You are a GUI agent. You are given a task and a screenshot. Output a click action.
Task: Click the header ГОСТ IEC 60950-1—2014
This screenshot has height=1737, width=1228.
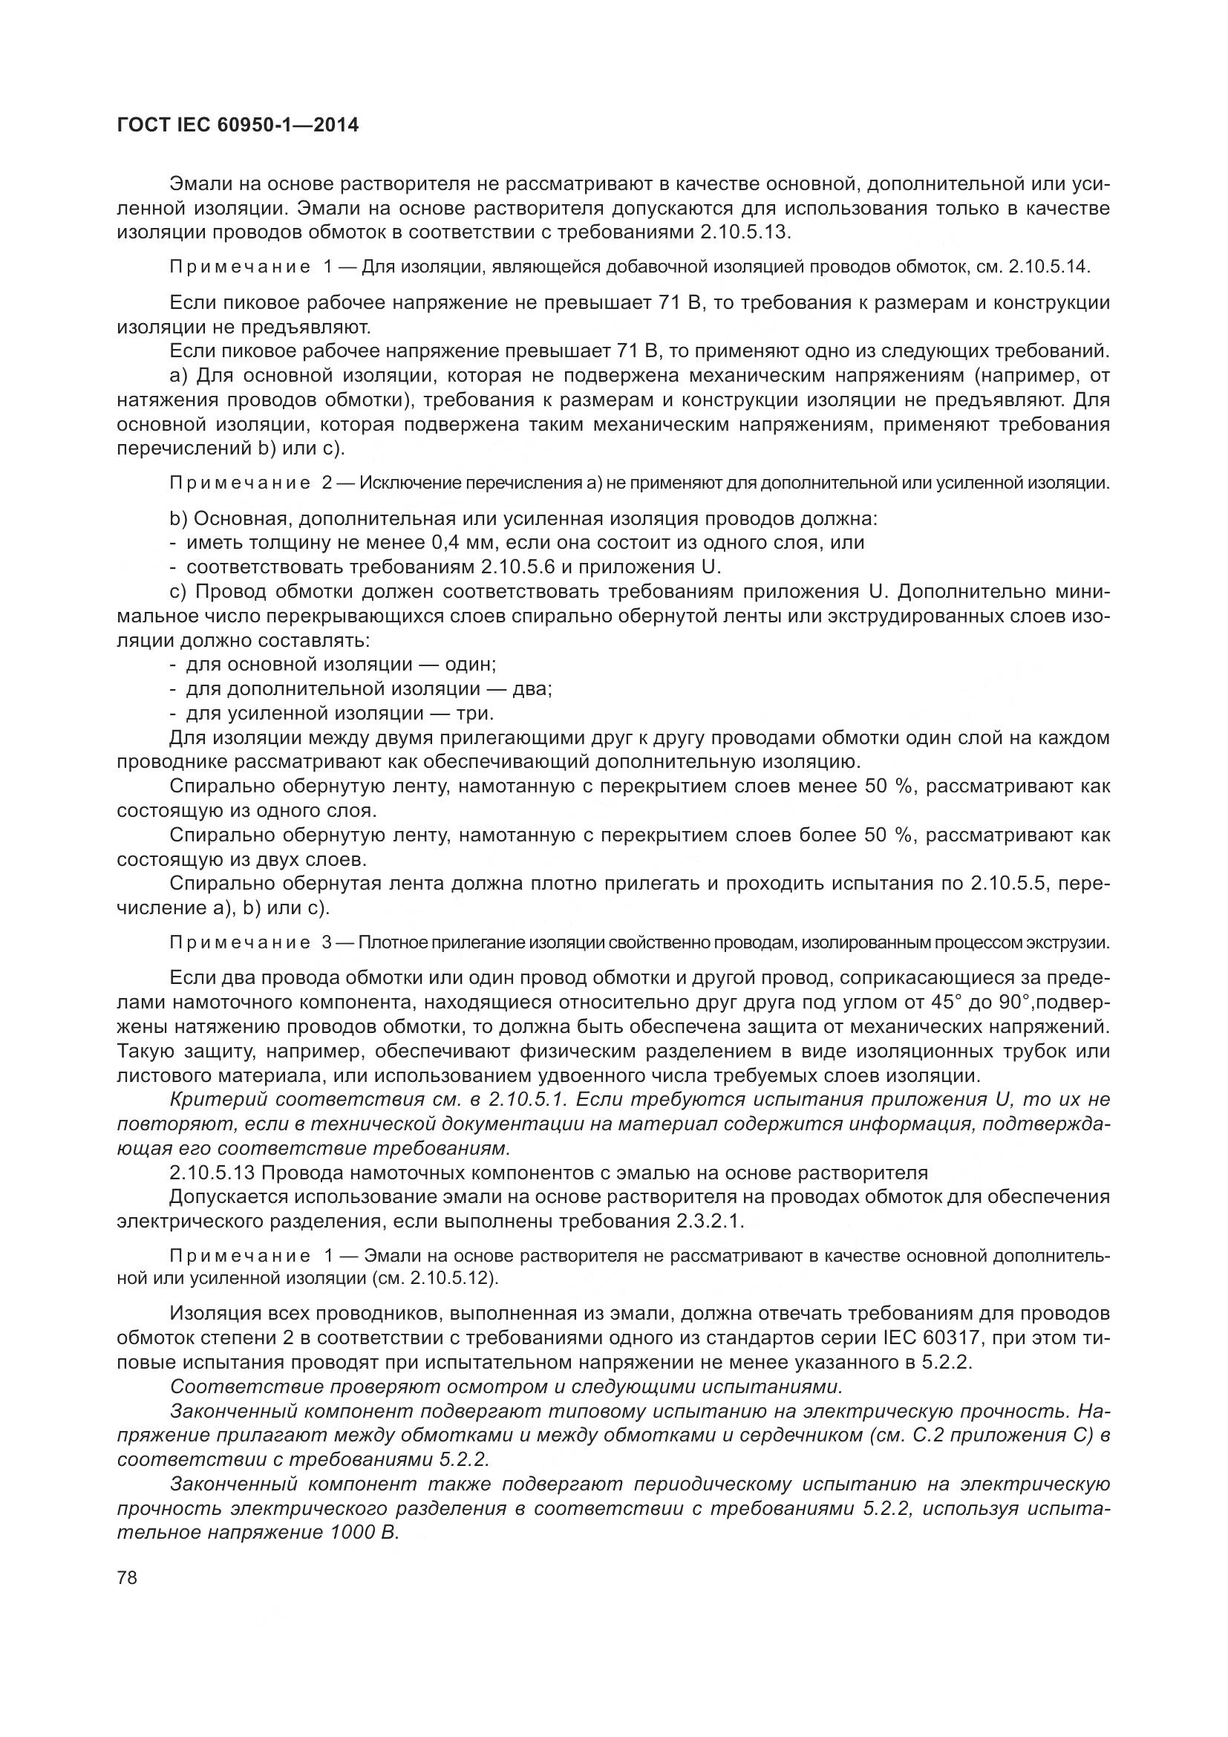pos(238,126)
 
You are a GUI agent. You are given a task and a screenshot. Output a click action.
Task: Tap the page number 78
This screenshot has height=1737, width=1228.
pos(127,1577)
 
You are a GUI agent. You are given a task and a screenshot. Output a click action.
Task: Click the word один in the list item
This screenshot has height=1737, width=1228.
pos(468,664)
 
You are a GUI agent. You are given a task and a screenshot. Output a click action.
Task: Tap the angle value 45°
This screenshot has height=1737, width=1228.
pos(947,1003)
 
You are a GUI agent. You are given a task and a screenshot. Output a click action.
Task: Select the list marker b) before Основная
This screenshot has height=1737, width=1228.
pos(178,519)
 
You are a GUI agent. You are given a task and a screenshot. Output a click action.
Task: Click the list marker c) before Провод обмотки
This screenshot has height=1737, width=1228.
pos(178,591)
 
